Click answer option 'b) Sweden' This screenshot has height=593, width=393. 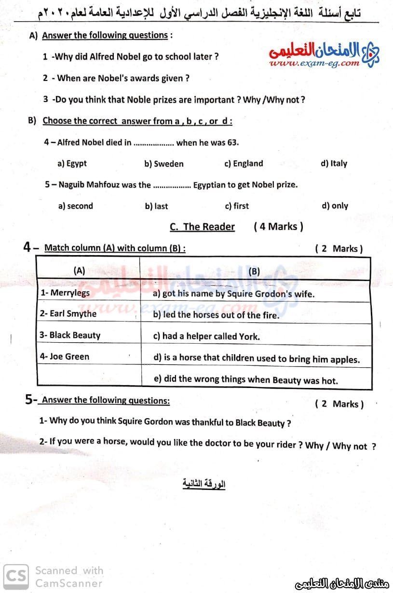[164, 164]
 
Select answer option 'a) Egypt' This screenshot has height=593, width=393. [72, 163]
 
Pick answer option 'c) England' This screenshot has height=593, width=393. [244, 164]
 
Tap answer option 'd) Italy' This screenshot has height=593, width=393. [334, 163]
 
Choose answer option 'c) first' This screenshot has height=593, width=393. [237, 206]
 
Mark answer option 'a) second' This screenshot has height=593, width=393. [75, 206]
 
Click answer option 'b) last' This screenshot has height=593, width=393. [157, 206]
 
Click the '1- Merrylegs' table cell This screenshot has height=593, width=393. [88, 293]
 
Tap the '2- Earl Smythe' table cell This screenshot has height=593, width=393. [88, 314]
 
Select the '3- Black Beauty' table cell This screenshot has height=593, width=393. [88, 335]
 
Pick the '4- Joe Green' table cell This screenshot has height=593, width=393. [88, 357]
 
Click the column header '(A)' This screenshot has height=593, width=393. [79, 271]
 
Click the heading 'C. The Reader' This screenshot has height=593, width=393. [203, 227]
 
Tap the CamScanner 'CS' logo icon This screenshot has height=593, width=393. [16, 577]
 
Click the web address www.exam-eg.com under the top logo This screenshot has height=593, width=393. [315, 63]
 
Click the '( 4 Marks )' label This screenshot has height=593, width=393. [279, 227]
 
